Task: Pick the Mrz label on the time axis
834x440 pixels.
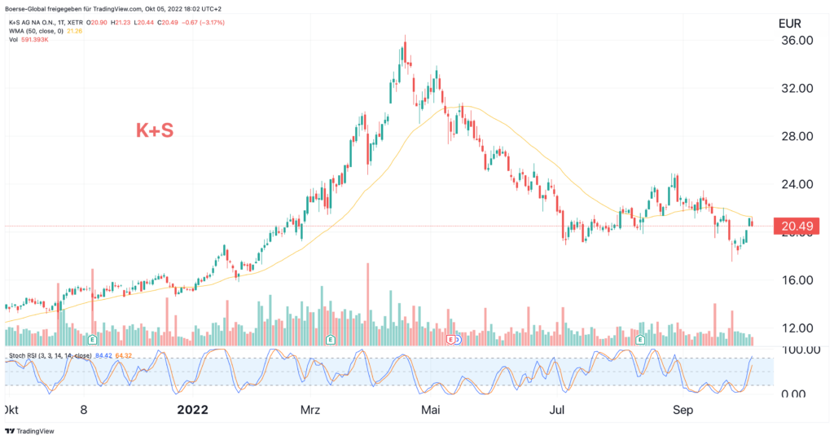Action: coord(312,410)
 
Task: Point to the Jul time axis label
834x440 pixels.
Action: coord(558,410)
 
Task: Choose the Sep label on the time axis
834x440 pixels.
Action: coord(683,410)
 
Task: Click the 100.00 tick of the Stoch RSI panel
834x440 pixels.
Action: coord(797,350)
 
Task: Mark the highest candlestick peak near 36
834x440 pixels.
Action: coord(404,38)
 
